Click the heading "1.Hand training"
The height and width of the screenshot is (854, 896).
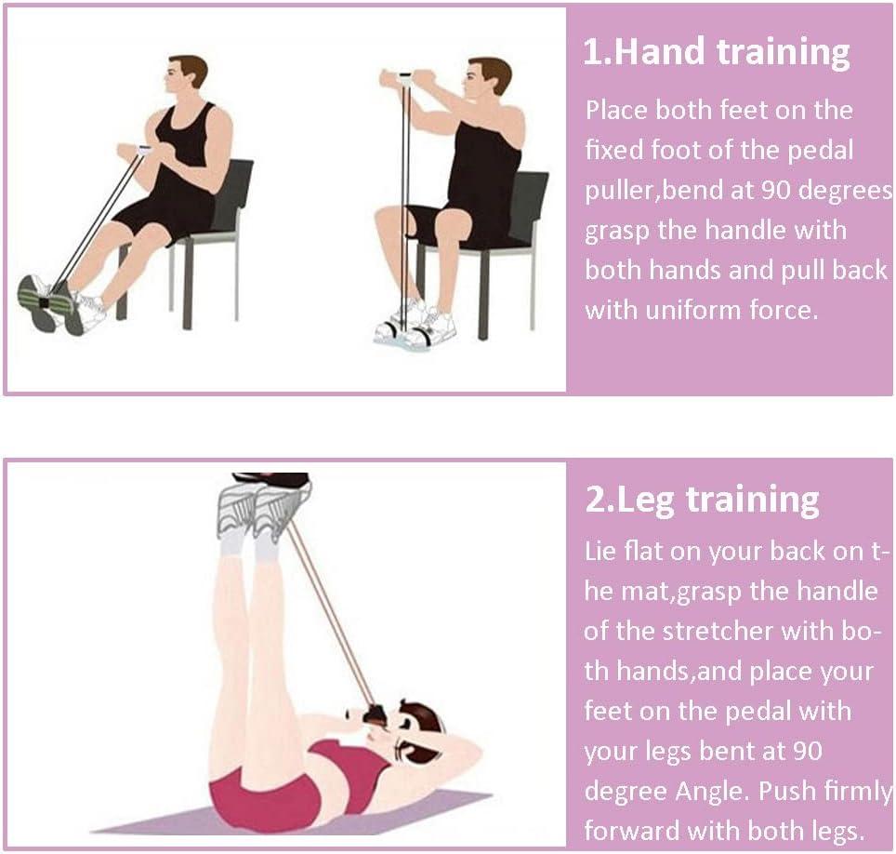(716, 53)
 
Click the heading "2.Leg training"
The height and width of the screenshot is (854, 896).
(702, 500)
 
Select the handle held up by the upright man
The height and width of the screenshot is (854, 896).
(402, 77)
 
